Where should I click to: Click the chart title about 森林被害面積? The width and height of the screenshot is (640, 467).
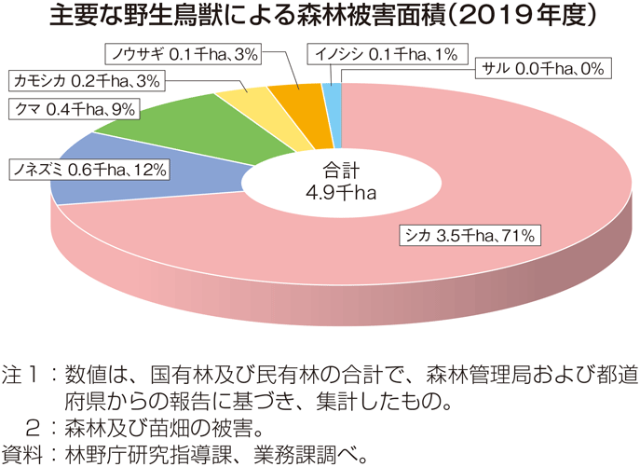(320, 19)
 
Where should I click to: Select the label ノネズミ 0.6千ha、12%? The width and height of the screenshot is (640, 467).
(89, 169)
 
